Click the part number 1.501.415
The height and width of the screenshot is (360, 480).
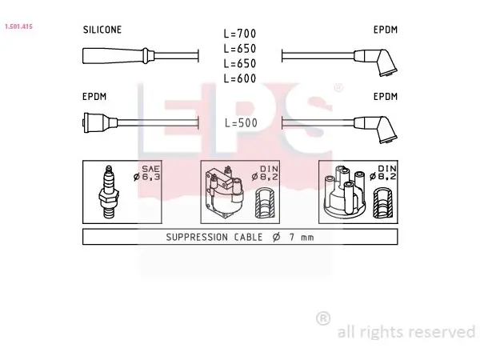[x=18, y=26]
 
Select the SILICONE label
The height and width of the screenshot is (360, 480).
[x=102, y=30]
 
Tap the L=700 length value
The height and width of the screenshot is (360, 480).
[x=240, y=34]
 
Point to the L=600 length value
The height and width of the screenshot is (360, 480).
[x=240, y=78]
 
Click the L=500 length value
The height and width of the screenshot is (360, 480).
[x=241, y=123]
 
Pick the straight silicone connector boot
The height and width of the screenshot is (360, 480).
[x=118, y=56]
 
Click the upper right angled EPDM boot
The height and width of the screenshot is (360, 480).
[x=376, y=62]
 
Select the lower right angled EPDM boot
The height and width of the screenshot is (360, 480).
[x=376, y=129]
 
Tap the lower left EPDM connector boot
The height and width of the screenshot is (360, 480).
[x=100, y=122]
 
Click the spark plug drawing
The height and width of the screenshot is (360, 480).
[x=109, y=192]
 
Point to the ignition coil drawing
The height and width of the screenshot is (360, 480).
[x=224, y=192]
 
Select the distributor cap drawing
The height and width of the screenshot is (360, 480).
[x=345, y=191]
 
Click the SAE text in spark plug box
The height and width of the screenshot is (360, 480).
[x=150, y=169]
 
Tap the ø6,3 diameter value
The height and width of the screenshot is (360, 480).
[x=147, y=177]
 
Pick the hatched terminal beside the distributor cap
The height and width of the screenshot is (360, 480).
[x=383, y=203]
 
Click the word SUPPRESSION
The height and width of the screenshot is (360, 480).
[x=197, y=238]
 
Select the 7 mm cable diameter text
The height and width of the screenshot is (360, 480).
[x=302, y=238]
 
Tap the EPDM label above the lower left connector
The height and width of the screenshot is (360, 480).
[x=94, y=97]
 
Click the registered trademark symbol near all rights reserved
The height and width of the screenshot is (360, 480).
[x=323, y=318]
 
